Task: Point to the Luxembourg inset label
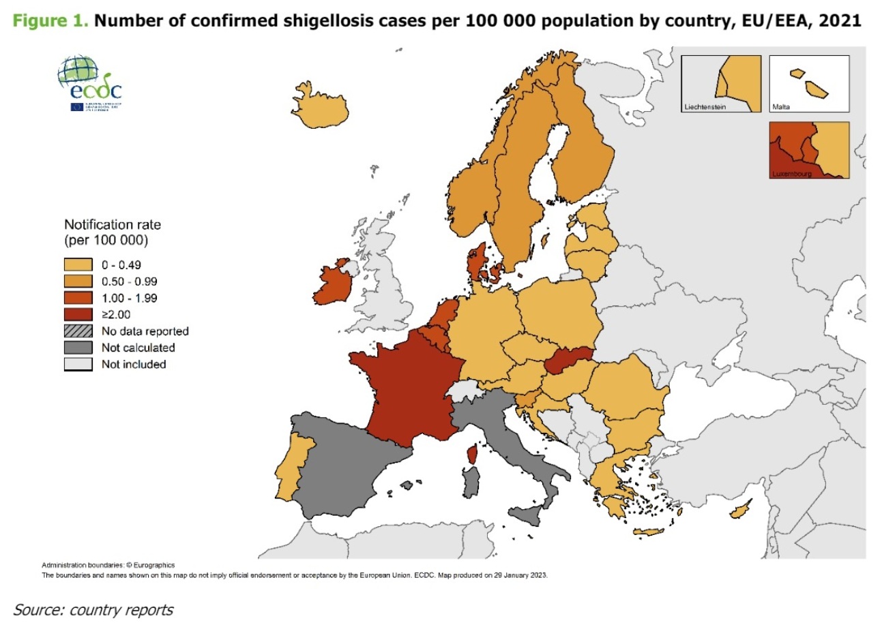coord(791,174)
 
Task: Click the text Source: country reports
coord(93,609)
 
